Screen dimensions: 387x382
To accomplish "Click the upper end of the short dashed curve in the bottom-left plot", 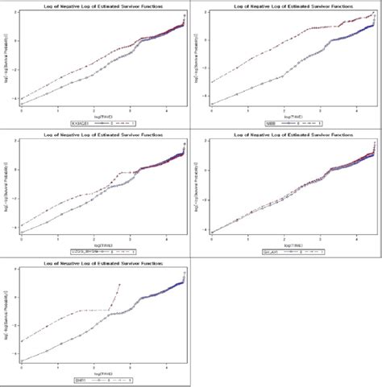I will click(119, 284).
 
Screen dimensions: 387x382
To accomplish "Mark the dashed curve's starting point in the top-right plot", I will click(211, 82).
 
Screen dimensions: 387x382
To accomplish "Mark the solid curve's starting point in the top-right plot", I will click(211, 104).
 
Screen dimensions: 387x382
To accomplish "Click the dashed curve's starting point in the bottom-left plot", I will click(21, 341).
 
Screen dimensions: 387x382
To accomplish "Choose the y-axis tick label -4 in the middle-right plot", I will click(205, 232).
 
